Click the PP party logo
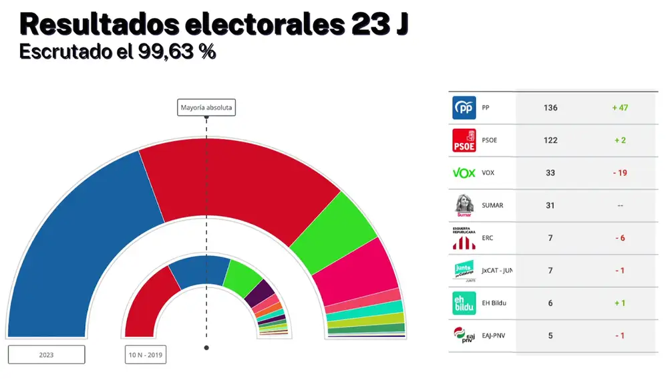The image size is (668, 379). click(x=464, y=108)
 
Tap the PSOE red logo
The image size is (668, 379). click(x=464, y=140)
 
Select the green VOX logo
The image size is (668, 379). click(x=464, y=173)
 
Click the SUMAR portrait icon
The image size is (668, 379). click(x=464, y=205)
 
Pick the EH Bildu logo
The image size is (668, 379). click(x=464, y=303)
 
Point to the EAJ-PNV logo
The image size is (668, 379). click(x=464, y=335)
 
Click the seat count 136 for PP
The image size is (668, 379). click(x=550, y=108)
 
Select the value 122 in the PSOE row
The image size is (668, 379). click(x=550, y=140)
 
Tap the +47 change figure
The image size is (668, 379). click(x=620, y=108)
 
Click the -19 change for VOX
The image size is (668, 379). click(x=620, y=173)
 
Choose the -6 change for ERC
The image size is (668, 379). click(x=620, y=238)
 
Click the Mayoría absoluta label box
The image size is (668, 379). click(x=207, y=107)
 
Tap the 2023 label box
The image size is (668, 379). click(x=46, y=354)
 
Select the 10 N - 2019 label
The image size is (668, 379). click(x=146, y=354)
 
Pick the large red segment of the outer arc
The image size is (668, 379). click(x=234, y=180)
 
